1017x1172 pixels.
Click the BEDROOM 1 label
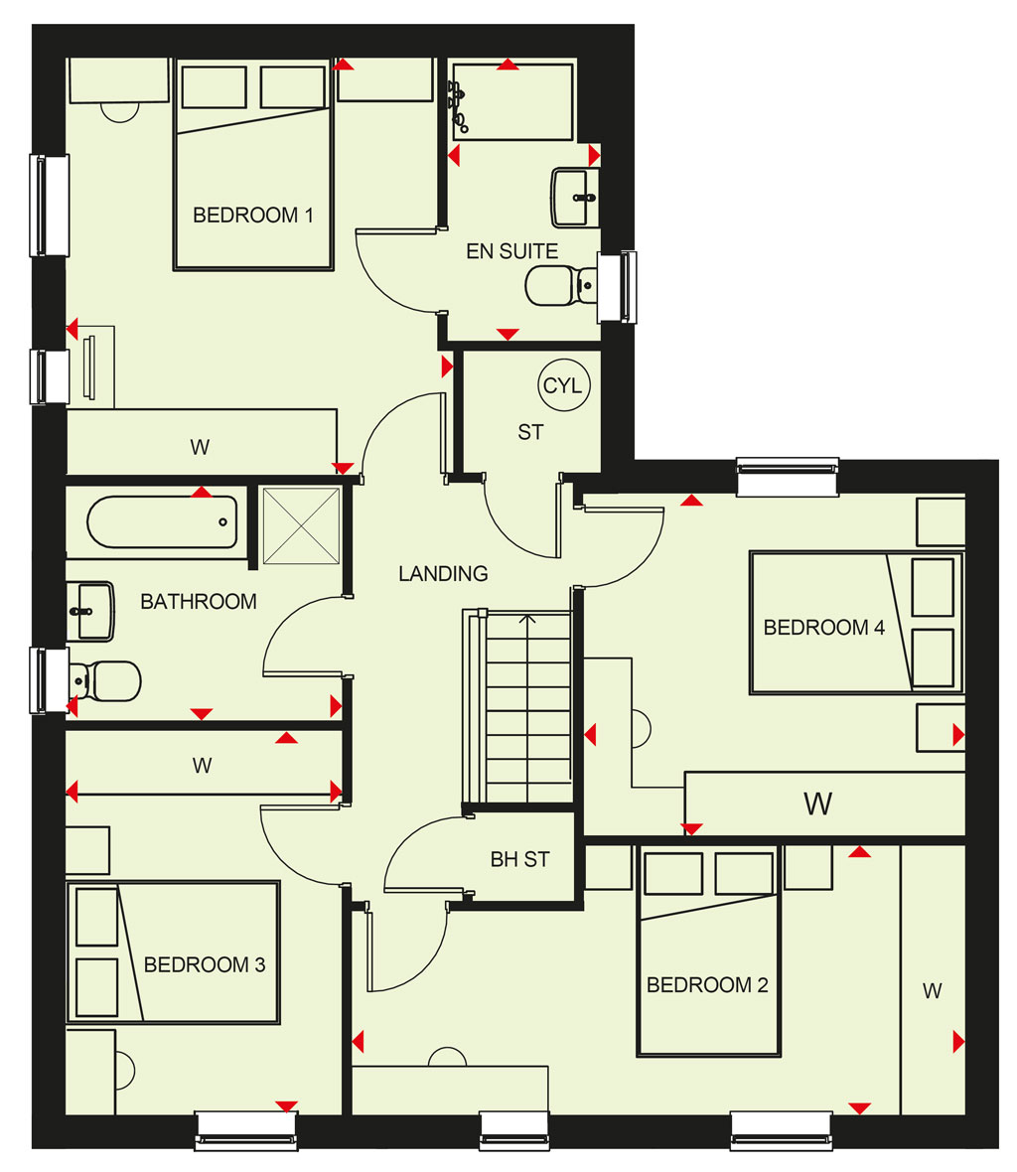click(252, 216)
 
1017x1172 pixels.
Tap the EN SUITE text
click(511, 251)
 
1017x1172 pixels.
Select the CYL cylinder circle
click(563, 385)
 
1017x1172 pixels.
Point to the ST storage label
click(530, 432)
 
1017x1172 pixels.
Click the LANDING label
click(443, 573)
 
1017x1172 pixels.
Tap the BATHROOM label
click(199, 601)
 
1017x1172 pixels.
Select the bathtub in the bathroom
click(162, 522)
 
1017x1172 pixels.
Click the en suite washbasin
click(575, 198)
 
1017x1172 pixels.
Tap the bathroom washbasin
click(90, 612)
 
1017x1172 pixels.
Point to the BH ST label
click(520, 859)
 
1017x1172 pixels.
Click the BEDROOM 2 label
click(707, 985)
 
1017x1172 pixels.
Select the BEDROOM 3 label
click(204, 965)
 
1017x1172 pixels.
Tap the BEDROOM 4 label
click(823, 627)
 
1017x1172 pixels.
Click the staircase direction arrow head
click(528, 619)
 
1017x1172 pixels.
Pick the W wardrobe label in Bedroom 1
click(200, 447)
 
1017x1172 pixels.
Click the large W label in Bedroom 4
click(818, 804)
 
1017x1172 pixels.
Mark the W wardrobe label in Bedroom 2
click(932, 991)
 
